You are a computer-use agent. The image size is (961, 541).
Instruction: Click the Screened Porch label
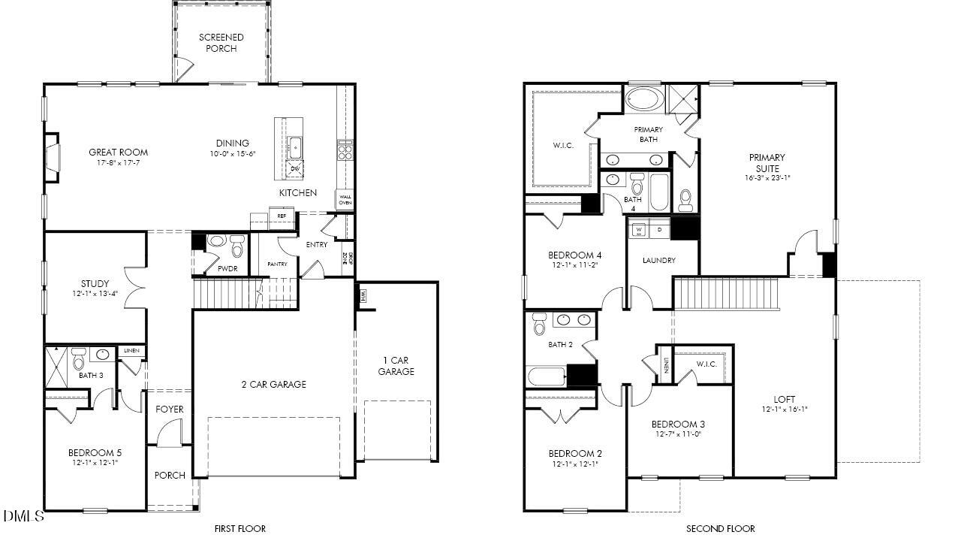(221, 43)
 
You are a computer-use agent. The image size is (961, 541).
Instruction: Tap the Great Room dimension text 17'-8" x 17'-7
(119, 163)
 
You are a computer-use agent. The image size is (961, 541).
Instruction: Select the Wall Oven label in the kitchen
(345, 200)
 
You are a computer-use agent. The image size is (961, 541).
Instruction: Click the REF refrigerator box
(282, 216)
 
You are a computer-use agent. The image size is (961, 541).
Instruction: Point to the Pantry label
(277, 264)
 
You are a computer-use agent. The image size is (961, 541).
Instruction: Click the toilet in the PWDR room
(237, 245)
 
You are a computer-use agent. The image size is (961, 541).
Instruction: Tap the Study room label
(95, 284)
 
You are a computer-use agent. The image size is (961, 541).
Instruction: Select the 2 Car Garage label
(273, 385)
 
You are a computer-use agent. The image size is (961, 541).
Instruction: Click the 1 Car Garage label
(396, 366)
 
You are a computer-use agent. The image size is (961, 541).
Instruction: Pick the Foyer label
(170, 410)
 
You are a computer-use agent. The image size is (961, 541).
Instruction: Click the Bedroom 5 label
(95, 452)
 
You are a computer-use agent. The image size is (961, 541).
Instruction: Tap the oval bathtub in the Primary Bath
(643, 100)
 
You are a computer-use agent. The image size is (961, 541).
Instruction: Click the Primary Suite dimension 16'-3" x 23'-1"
(767, 179)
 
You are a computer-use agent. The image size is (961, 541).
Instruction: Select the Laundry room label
(659, 261)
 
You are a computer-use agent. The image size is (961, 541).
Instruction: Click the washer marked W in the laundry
(639, 229)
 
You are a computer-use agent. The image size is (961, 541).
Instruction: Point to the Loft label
(785, 399)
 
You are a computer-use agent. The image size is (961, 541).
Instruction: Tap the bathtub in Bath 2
(546, 376)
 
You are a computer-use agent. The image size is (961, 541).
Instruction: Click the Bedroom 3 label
(678, 424)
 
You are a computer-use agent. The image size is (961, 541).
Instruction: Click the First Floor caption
(240, 529)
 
